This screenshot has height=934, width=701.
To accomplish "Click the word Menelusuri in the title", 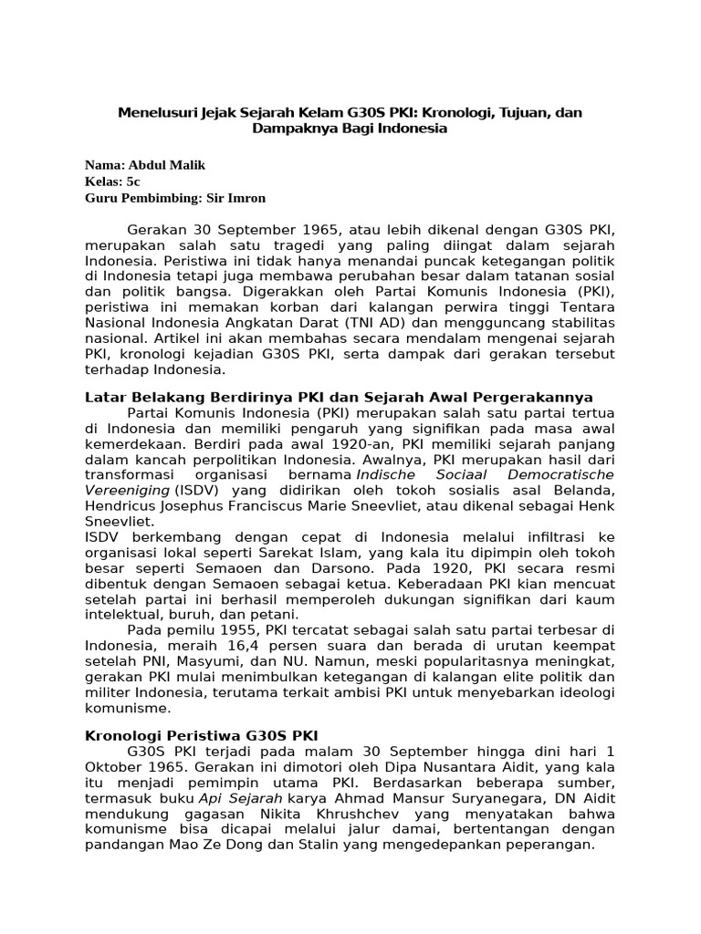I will coord(156,112).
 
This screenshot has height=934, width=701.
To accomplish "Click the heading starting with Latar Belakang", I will coord(339,397).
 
